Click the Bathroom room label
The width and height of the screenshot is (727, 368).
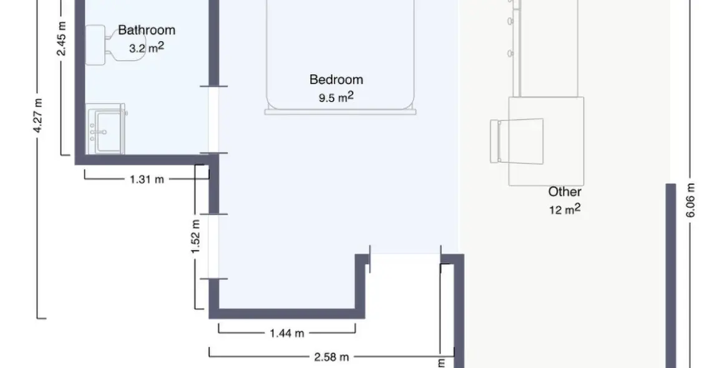[147, 30]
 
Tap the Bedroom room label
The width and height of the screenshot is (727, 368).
[336, 80]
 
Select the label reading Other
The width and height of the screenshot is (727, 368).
[565, 192]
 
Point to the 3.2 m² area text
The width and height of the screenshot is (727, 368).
[147, 47]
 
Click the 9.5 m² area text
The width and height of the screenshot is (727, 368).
[336, 97]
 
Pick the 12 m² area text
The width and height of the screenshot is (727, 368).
[565, 209]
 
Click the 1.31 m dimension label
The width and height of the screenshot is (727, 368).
[147, 180]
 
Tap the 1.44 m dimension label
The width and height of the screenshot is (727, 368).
[287, 333]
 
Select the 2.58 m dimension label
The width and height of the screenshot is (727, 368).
[331, 357]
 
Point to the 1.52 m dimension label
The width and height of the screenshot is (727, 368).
[195, 236]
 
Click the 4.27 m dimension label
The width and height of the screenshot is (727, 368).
[39, 115]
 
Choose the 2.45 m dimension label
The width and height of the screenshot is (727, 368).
[62, 39]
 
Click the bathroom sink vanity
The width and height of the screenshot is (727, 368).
[106, 129]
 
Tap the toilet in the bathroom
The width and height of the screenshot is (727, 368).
[107, 44]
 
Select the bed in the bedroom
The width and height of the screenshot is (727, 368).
[340, 56]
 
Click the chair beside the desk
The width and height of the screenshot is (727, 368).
[517, 140]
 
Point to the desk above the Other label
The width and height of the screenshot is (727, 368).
[546, 142]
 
